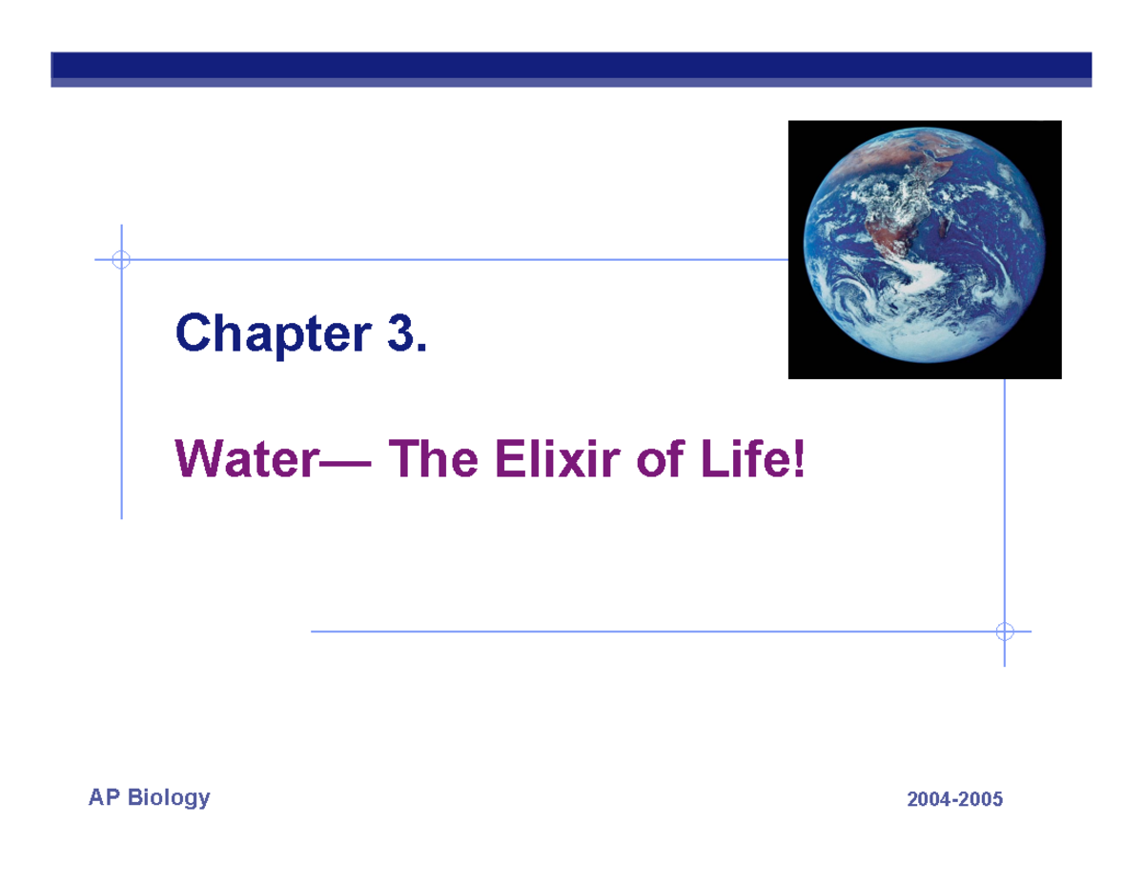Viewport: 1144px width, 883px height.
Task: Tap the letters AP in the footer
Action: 104,797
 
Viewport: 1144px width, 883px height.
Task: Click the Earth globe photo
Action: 924,250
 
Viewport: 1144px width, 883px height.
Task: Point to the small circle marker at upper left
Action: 121,259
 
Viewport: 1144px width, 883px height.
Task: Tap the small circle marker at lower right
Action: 1004,632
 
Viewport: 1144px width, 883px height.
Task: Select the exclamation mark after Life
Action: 798,462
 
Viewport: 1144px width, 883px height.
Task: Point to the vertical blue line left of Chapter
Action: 122,400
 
